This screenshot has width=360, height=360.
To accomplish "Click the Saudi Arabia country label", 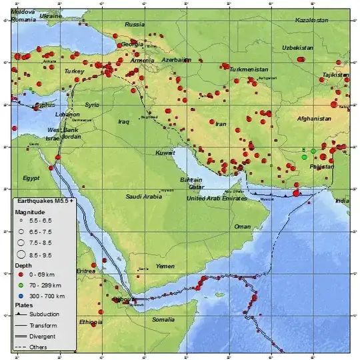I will tap(144, 197).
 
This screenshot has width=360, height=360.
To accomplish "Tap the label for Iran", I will tap(221, 124).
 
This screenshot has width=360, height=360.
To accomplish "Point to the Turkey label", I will tap(72, 71).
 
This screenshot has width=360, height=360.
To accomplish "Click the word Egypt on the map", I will tap(31, 178).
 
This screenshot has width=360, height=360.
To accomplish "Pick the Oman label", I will tap(243, 227).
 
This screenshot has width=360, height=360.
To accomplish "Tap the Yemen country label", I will tap(165, 266).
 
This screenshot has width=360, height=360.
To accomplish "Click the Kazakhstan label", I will tap(311, 21).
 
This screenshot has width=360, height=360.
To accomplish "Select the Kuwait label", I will tap(165, 153).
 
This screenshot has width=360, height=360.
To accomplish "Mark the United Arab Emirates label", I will tap(217, 199).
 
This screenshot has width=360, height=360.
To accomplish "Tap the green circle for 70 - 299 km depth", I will tap(20, 284).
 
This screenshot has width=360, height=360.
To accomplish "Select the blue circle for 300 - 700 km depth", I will tap(20, 295).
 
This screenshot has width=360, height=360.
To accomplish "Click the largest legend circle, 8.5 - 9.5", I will tap(20, 254).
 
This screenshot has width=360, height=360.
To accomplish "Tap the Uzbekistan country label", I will tap(316, 48).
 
